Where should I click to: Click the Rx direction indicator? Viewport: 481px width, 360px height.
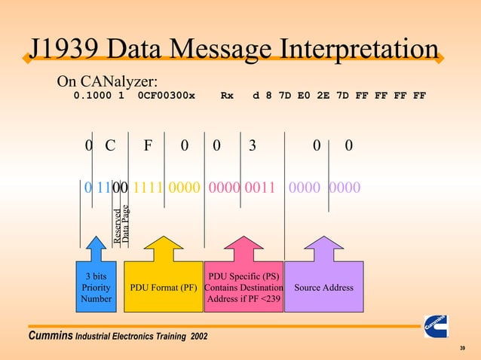tap(226, 96)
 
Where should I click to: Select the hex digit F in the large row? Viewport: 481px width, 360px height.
tap(149, 146)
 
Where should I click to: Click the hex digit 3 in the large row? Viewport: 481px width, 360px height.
tap(252, 146)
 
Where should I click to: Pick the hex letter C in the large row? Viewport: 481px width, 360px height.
tap(110, 146)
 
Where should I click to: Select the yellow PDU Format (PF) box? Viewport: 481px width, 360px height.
tap(164, 288)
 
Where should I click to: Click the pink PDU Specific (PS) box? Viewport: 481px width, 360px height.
tap(244, 288)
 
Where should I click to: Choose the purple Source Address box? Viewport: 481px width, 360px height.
tap(323, 288)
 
